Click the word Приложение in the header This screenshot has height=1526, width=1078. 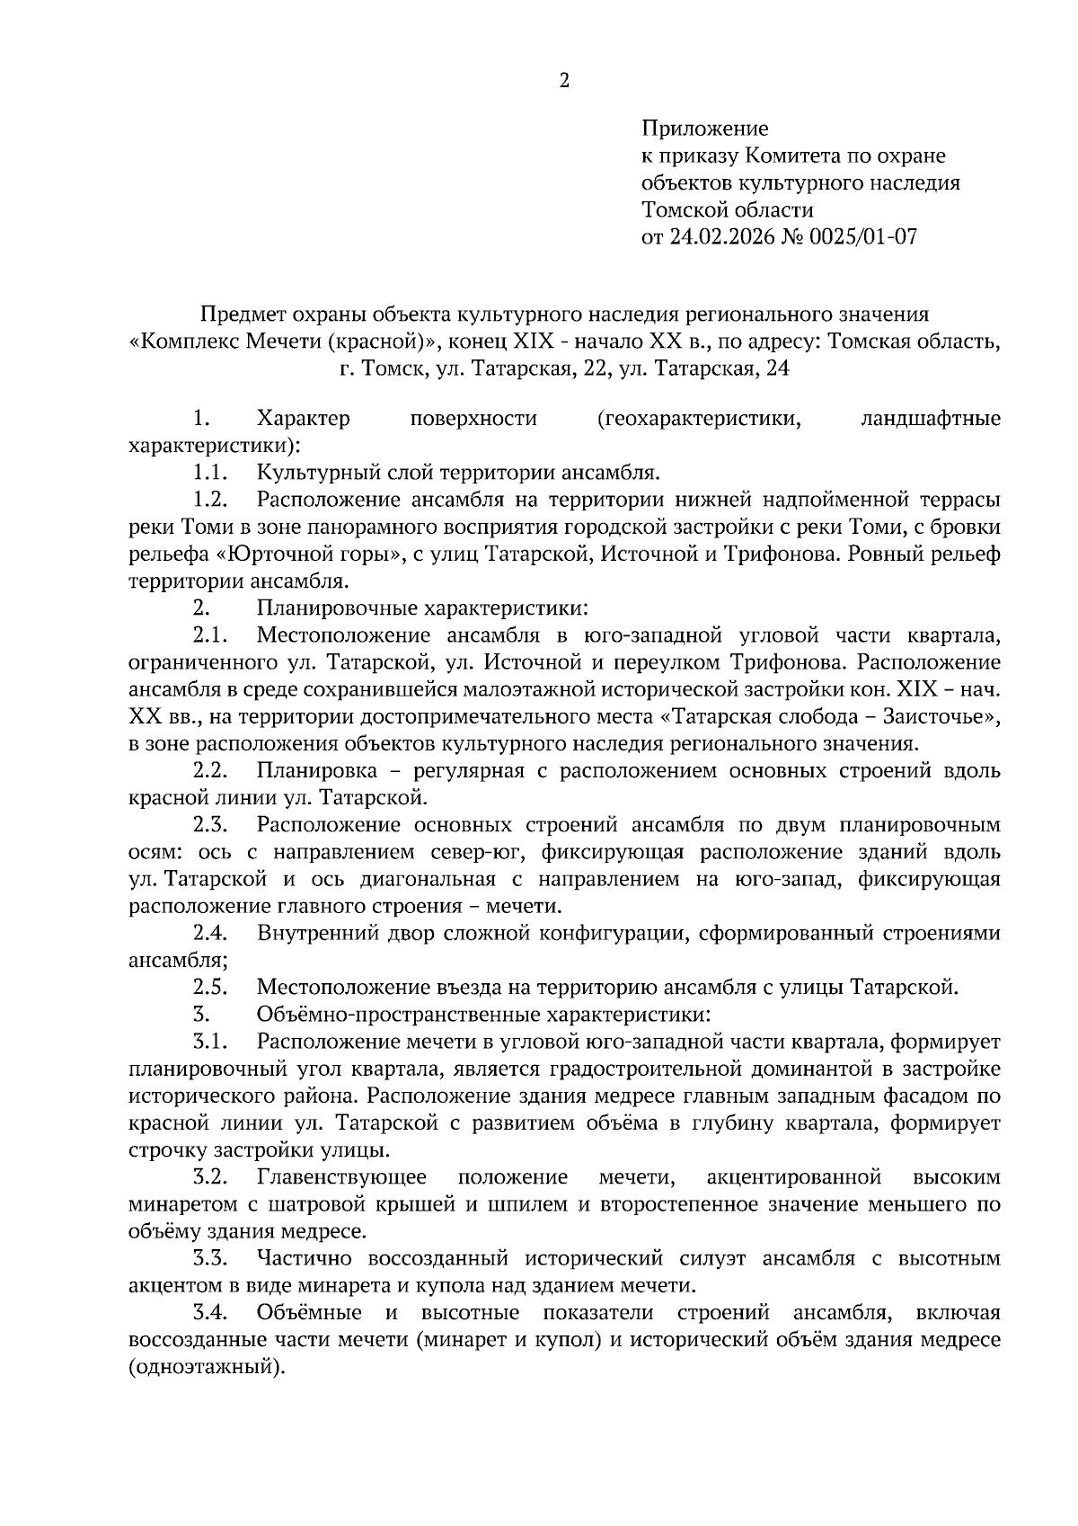pos(705,129)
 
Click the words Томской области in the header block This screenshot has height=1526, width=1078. pos(728,210)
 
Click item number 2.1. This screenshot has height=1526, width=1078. pos(209,635)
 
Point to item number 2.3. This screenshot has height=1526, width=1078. pos(209,825)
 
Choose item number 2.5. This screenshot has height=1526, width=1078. pos(209,988)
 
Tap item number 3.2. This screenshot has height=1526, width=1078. pos(209,1177)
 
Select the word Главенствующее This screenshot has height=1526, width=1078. pos(341,1177)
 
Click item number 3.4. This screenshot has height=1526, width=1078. pos(209,1313)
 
